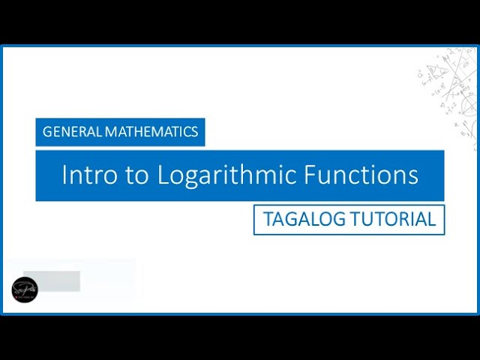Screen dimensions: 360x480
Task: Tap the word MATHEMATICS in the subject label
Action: coord(151,132)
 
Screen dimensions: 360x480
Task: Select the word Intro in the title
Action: coord(85,175)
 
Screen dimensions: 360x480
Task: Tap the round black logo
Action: coord(24,289)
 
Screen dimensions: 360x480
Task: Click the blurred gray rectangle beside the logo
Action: coord(52,281)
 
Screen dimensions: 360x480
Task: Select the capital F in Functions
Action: coord(311,175)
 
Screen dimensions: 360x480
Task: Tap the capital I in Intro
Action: coord(64,175)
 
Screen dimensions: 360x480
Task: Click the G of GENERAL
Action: coord(47,132)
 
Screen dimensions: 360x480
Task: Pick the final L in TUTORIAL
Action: coord(431,220)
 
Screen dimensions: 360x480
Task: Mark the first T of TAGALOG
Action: coord(267,220)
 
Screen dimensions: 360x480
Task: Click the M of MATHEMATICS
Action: coord(110,132)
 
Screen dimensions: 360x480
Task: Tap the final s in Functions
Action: coord(413,176)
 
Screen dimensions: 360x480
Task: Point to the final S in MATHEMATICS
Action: coord(194,132)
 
